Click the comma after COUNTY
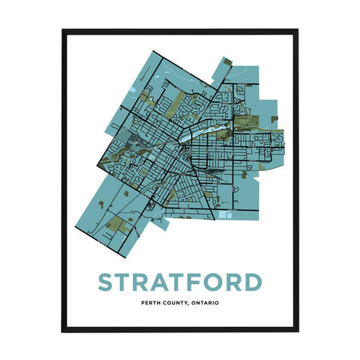click(x=195, y=304)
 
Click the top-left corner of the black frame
click(x=63, y=30)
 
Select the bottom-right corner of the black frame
click(x=297, y=330)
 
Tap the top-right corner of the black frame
click(x=297, y=30)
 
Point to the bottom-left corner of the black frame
click(x=63, y=330)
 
